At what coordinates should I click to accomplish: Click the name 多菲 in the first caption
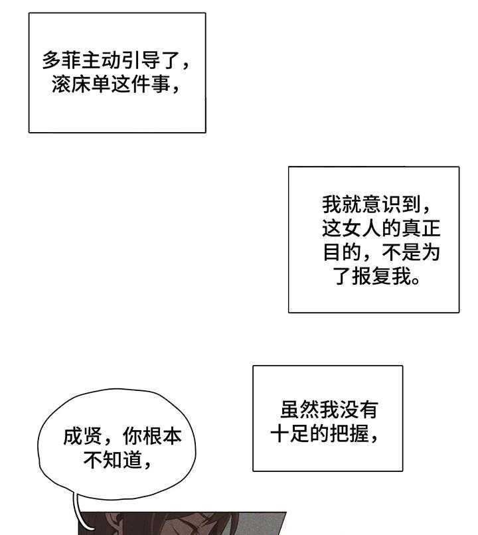[62, 60]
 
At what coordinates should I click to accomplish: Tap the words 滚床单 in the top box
[82, 84]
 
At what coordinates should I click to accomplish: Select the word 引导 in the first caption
[141, 60]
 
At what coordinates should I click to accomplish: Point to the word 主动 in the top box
[102, 60]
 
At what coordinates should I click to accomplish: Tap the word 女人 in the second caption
[362, 228]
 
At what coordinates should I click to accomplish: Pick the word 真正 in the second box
[421, 228]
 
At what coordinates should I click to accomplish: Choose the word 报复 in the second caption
[372, 275]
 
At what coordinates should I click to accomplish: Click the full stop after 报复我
[416, 281]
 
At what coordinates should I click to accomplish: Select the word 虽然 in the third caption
[300, 410]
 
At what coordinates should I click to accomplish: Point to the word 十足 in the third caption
[290, 433]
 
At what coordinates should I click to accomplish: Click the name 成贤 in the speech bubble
[82, 436]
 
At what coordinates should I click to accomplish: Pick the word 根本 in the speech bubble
[162, 436]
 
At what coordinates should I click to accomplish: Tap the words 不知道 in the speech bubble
[112, 460]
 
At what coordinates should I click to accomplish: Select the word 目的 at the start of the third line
[342, 252]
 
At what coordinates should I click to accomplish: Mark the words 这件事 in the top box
[141, 84]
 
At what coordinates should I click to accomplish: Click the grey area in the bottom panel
[260, 524]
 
